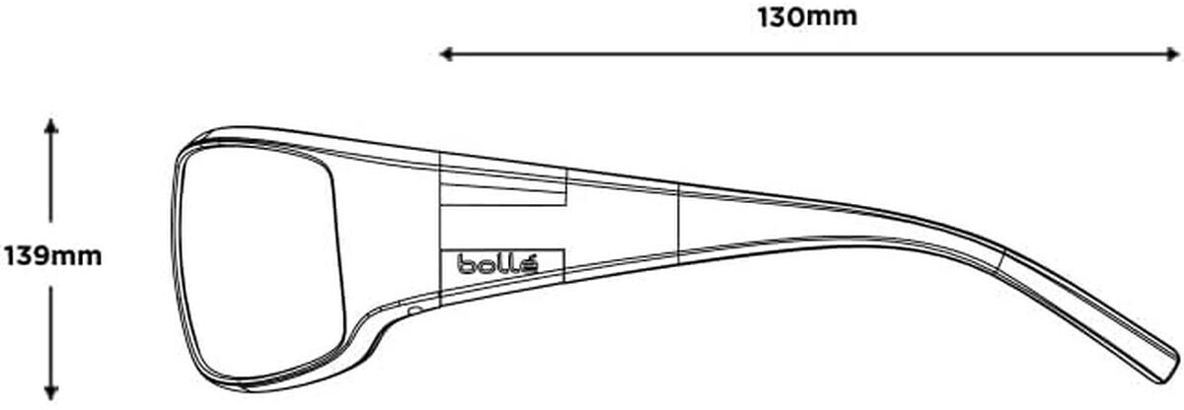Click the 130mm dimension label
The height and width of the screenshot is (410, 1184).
tap(807, 18)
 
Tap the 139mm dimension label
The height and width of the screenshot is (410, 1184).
tap(53, 256)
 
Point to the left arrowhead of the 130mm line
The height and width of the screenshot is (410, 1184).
tap(446, 54)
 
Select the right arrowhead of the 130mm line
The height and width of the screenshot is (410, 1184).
tap(1173, 54)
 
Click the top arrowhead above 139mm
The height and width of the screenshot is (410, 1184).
tap(50, 125)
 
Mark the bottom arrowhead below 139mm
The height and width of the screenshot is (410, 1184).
tap(50, 393)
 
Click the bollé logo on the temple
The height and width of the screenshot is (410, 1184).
tap(497, 263)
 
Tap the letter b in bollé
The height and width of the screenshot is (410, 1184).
tap(466, 264)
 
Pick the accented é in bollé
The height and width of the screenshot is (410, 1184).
tap(529, 264)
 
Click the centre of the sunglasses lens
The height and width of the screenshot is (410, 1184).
tap(259, 264)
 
